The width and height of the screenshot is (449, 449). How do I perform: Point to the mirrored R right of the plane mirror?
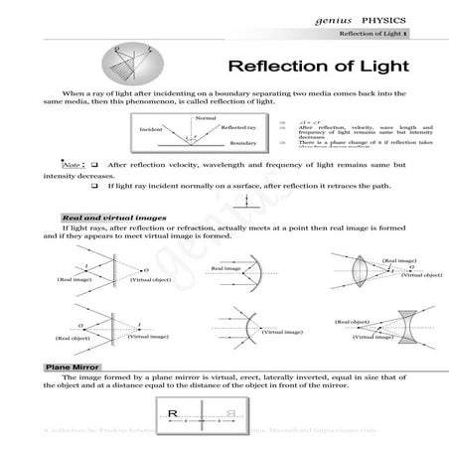229,413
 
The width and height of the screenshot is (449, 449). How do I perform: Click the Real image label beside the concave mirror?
224,269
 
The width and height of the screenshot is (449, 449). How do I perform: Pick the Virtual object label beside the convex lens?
420,273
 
